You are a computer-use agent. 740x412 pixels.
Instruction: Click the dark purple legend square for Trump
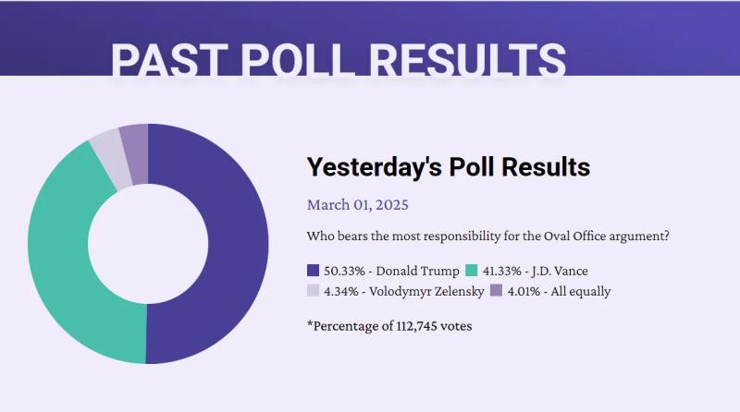313,271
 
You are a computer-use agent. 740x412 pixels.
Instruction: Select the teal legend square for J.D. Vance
472,271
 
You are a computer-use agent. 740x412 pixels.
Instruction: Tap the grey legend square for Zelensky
313,291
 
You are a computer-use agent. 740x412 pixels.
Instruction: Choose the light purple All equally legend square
496,291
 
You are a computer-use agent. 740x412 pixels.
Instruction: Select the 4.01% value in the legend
524,291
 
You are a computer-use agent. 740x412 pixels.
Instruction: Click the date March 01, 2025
357,204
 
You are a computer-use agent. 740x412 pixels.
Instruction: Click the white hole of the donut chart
148,244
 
